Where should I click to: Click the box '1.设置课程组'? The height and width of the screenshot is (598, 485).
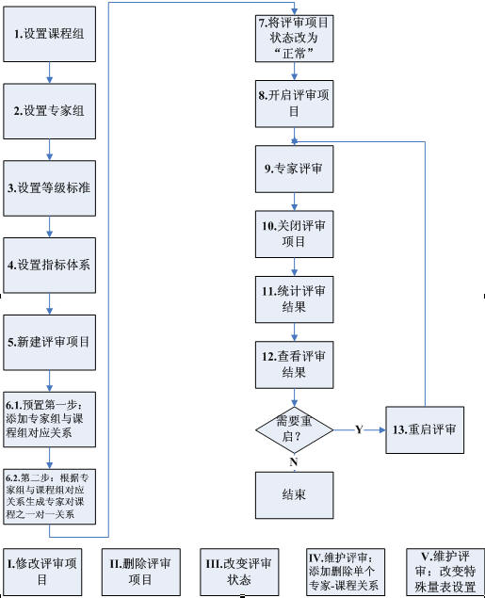tap(50, 34)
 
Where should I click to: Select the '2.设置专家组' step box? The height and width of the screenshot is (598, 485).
tap(50, 111)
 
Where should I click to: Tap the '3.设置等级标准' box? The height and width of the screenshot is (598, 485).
tap(50, 188)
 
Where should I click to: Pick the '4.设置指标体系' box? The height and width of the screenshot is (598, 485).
tap(50, 266)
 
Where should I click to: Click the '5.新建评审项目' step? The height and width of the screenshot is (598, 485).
tap(50, 343)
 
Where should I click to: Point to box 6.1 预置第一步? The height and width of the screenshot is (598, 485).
tap(50, 419)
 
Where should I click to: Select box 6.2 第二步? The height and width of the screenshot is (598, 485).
tap(50, 496)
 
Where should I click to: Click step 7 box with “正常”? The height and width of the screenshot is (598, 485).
tap(295, 39)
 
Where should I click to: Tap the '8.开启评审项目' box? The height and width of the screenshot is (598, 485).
tap(295, 104)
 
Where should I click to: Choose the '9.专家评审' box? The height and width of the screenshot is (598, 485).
tap(295, 169)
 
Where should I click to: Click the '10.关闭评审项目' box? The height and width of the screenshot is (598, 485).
tap(295, 234)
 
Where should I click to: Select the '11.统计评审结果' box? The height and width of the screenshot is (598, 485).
tap(295, 299)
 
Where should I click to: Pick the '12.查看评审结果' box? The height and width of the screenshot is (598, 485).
tap(295, 365)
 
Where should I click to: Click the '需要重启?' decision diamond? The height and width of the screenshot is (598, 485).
tap(295, 430)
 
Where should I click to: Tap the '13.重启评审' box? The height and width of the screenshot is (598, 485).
tap(425, 429)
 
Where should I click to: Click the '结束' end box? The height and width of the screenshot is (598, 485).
tap(295, 495)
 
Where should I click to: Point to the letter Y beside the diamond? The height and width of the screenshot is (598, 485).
tap(359, 429)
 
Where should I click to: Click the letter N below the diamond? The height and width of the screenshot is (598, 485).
tap(294, 461)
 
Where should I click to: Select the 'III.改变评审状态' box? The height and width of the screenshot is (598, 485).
tap(239, 572)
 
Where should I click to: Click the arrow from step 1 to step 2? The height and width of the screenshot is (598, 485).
tap(49, 73)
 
